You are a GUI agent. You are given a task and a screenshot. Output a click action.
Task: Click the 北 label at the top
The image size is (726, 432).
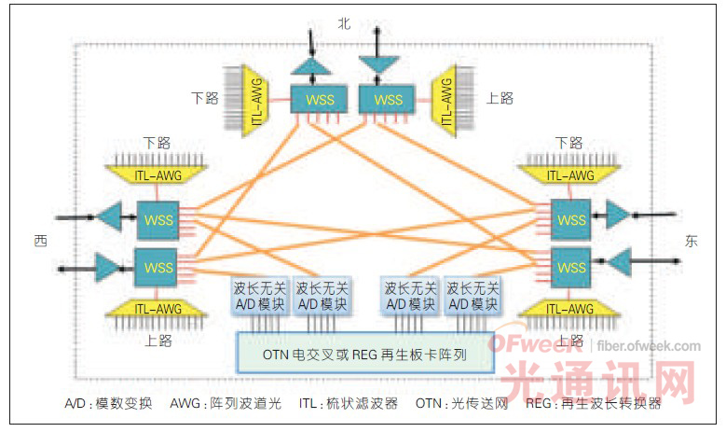coord(344,25)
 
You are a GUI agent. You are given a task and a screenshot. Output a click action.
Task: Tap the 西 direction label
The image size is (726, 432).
coord(41,242)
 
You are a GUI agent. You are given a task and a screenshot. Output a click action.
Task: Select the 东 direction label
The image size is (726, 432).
coord(691,242)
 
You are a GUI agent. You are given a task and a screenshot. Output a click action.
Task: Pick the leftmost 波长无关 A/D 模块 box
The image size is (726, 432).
coord(256,297)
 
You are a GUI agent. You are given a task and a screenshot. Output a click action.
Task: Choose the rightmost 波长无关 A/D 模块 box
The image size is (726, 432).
coord(472,297)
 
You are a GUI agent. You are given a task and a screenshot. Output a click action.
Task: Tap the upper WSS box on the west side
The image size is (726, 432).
coord(156,221)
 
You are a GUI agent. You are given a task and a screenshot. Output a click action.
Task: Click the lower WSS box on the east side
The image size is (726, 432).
coord(570,266)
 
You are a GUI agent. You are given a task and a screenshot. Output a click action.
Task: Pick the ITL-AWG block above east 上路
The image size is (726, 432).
coord(569,309)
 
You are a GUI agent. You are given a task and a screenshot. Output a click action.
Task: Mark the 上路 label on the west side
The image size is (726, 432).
coord(158,341)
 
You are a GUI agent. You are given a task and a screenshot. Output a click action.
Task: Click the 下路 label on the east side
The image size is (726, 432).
coord(568,143)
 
